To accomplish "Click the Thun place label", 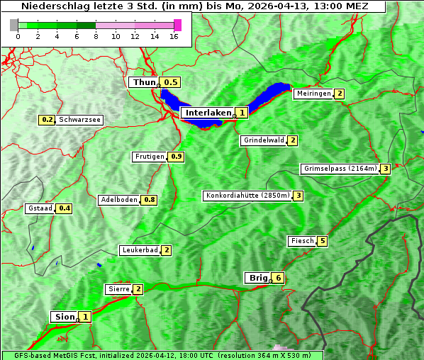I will (x=144, y=83).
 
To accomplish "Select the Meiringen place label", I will (x=313, y=94).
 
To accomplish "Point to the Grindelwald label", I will (x=264, y=140).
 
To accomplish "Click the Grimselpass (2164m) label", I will (x=340, y=169).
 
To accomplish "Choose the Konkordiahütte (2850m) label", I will (x=247, y=196).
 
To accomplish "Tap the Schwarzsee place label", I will (x=80, y=120).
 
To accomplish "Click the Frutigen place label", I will (x=150, y=157).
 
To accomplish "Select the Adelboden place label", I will (x=118, y=200).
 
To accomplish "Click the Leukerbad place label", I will (x=139, y=250).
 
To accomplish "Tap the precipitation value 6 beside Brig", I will (x=279, y=279).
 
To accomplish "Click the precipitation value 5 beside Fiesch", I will (x=323, y=241).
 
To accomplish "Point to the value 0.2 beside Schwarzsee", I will (x=48, y=120).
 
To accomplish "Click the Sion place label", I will (x=64, y=317).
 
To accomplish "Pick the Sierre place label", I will (x=118, y=289).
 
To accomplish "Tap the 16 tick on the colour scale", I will (x=174, y=36).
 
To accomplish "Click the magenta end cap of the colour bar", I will (x=177, y=25).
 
